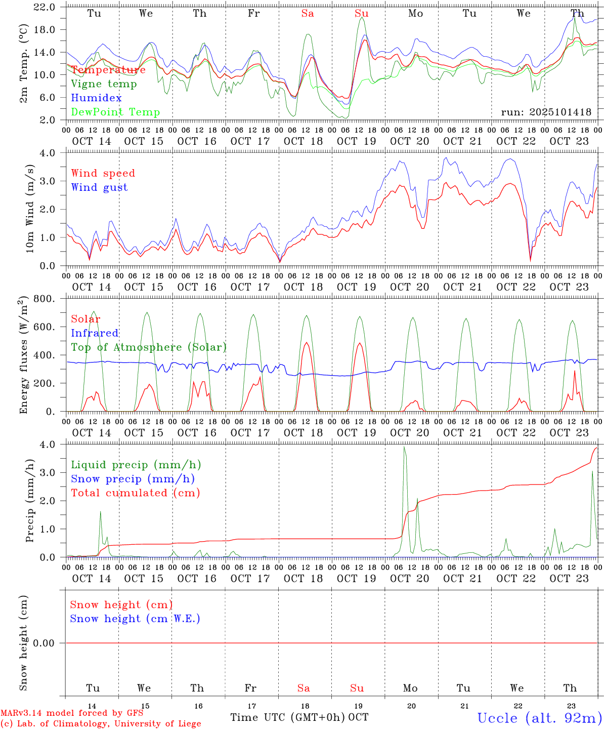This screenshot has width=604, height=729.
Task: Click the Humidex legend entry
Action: (x=96, y=98)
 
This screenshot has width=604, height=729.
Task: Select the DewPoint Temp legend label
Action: (x=115, y=112)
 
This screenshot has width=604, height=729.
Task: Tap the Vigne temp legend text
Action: (x=104, y=84)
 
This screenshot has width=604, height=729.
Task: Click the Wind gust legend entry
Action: (x=99, y=187)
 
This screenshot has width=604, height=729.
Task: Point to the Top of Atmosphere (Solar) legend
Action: (x=149, y=347)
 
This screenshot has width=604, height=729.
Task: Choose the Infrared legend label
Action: (x=95, y=333)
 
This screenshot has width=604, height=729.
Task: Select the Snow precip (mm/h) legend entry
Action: (x=133, y=479)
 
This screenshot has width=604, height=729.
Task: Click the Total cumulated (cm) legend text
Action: (x=135, y=493)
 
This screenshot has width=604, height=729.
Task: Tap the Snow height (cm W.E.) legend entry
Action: (x=135, y=619)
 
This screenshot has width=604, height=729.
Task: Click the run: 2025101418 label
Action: (x=546, y=112)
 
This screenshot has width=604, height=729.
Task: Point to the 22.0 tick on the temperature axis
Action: (x=45, y=7)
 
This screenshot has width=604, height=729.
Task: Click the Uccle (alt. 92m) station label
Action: (x=540, y=718)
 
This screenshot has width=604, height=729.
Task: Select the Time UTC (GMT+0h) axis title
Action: (x=288, y=717)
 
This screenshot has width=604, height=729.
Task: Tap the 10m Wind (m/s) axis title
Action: (x=30, y=209)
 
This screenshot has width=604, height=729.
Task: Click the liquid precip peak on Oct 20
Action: (x=404, y=447)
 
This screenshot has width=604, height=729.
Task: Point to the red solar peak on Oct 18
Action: (x=306, y=343)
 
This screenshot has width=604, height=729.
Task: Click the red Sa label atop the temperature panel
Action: (x=308, y=14)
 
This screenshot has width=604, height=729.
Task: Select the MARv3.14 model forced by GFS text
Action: (x=72, y=713)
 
